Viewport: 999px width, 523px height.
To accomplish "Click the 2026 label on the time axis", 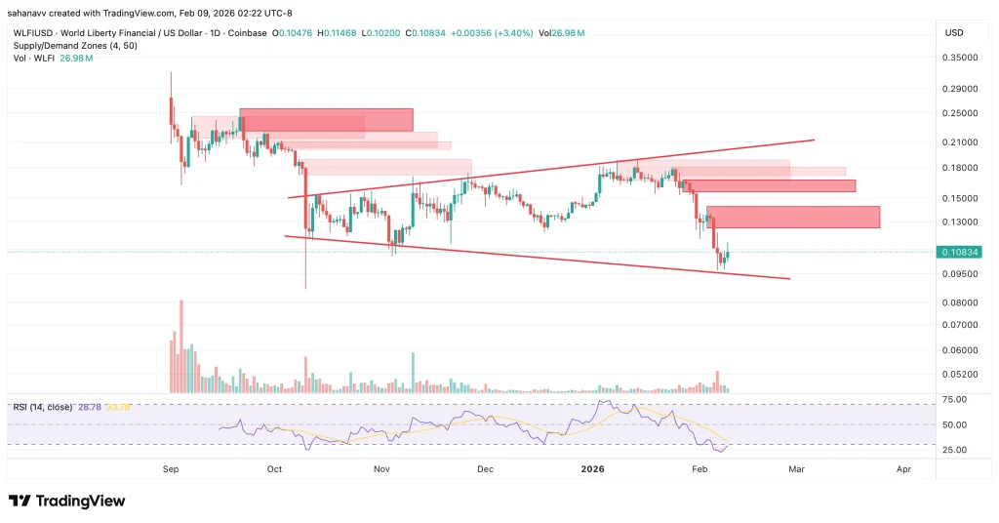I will point(592,469).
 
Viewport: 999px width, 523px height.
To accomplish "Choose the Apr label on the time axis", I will point(903,469).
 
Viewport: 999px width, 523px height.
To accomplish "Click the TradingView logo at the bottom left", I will point(67,501).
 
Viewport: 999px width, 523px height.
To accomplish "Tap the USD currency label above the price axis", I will point(954,33).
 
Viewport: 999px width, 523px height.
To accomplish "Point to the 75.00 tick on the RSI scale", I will point(954,400).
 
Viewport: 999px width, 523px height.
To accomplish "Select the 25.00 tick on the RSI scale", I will point(954,450).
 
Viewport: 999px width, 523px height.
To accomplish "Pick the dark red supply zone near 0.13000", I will point(792,217).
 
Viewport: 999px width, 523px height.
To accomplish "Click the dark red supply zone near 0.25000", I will point(327,119).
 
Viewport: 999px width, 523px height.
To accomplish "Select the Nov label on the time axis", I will point(381,469).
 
